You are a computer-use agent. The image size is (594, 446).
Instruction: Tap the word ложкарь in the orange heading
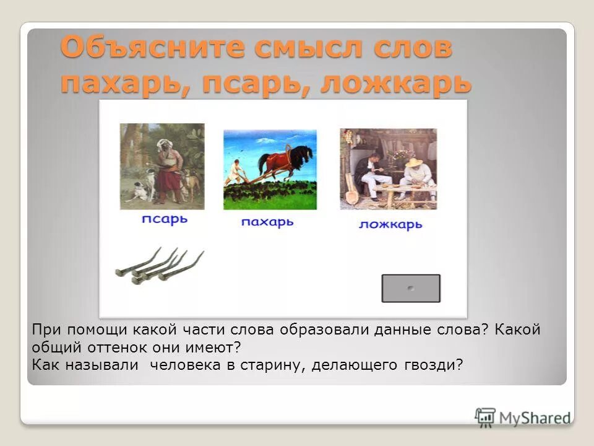point(396,84)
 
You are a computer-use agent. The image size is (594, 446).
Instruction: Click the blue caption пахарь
point(267,222)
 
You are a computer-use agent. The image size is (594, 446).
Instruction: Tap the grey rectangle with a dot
point(410,289)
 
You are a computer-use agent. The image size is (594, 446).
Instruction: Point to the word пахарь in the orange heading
point(121,84)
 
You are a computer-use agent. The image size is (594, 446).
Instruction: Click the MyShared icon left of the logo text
point(486,417)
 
